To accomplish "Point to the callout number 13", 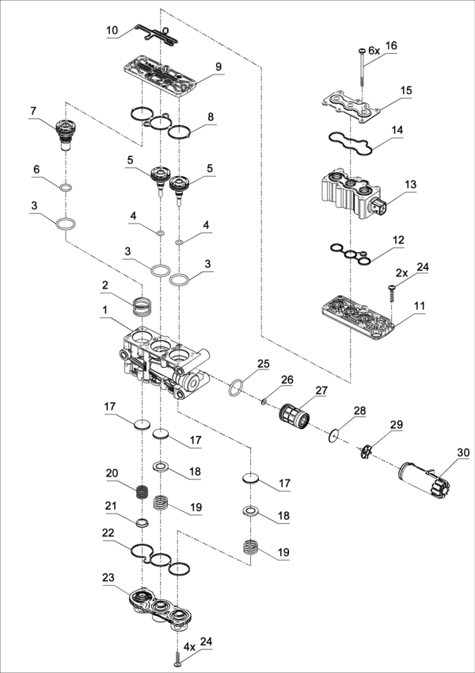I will tap(409, 184).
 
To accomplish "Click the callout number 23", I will tap(108, 578).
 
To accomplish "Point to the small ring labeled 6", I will tap(66, 187).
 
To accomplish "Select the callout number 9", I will tap(218, 66).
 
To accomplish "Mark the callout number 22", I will tap(108, 533).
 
